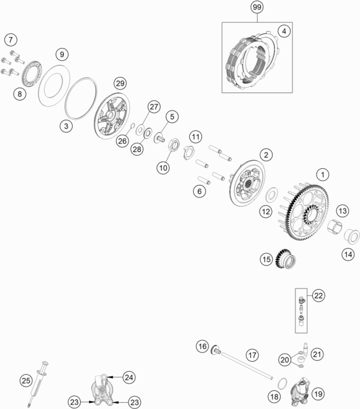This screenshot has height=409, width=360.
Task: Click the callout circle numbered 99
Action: pos(257,7)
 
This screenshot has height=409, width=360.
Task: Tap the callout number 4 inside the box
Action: pos(284,31)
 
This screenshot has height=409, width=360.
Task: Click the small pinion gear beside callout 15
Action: pos(286,259)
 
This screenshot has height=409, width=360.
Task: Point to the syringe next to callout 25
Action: pos(38,384)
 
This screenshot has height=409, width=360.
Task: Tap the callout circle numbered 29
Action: pos(120,83)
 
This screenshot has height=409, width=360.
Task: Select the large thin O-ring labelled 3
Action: pos(81,99)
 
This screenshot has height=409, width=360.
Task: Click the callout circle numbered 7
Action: pos(11,40)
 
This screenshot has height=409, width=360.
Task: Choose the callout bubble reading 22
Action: pos(318,295)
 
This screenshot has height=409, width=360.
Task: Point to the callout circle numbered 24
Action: pos(129,377)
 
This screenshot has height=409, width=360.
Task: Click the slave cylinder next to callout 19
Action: pos(300,390)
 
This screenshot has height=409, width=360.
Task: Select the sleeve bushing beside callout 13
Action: pos(335,227)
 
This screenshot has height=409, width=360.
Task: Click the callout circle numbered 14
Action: pos(349,254)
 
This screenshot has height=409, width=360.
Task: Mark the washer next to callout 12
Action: pos(272,194)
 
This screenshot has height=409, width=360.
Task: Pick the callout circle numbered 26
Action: pos(122,141)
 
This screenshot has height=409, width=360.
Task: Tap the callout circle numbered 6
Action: pos(199,191)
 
